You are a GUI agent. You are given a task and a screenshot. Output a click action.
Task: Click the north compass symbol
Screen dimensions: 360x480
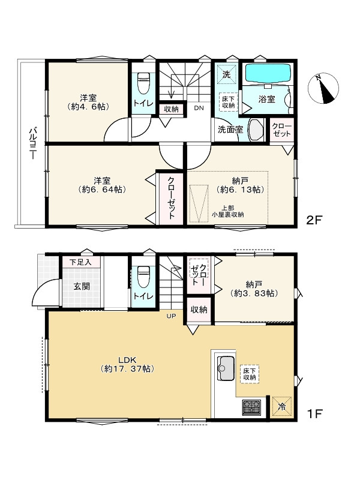pyautogui.click(x=323, y=88)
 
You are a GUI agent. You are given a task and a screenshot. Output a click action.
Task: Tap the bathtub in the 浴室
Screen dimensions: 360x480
pyautogui.click(x=268, y=73)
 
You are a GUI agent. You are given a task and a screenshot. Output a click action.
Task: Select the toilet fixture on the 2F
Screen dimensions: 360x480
pyautogui.click(x=143, y=83)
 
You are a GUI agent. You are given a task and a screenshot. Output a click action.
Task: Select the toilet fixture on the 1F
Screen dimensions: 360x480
pyautogui.click(x=143, y=277)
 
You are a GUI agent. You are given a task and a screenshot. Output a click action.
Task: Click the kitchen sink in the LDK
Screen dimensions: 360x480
pyautogui.click(x=226, y=368)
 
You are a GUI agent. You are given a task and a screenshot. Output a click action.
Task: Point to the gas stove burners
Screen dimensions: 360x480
pyautogui.click(x=252, y=407)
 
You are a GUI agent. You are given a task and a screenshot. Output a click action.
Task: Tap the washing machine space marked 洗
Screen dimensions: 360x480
pyautogui.click(x=226, y=74)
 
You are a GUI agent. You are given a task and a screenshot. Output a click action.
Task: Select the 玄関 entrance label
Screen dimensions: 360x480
pyautogui.click(x=82, y=286)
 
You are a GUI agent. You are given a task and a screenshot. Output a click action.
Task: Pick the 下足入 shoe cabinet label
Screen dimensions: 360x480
pyautogui.click(x=80, y=262)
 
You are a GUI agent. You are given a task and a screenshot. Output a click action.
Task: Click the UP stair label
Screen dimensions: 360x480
pyautogui.click(x=171, y=316)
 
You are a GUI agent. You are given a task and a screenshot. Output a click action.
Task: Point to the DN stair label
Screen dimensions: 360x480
pyautogui.click(x=199, y=108)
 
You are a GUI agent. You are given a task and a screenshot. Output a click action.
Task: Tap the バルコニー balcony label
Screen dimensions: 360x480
pyautogui.click(x=32, y=143)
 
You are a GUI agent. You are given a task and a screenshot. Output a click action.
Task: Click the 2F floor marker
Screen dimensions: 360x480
pyautogui.click(x=314, y=220)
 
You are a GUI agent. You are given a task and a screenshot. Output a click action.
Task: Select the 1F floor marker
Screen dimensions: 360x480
pyautogui.click(x=314, y=414)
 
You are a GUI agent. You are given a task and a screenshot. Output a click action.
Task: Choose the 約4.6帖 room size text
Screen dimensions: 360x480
pyautogui.click(x=88, y=107)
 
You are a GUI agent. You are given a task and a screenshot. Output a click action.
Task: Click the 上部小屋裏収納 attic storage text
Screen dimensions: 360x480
pyautogui.click(x=228, y=211)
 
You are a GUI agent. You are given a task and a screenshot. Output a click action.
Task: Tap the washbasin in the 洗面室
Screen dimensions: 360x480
pyautogui.click(x=256, y=130)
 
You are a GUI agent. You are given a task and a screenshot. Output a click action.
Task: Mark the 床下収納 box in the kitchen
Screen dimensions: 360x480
pyautogui.click(x=250, y=374)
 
